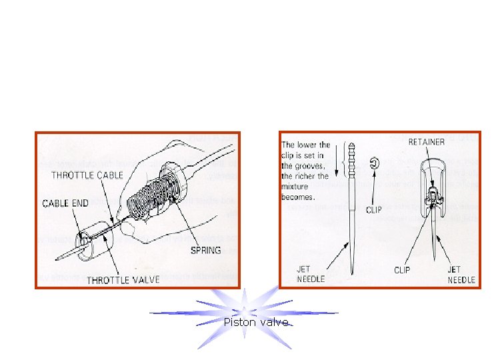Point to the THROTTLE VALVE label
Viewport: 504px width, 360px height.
tap(123, 279)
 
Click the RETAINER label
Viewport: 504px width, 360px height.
tap(427, 142)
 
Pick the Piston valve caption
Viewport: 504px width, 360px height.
tap(257, 323)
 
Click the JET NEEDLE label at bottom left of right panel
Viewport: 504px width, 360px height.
tap(310, 274)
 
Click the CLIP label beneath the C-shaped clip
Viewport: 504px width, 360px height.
tap(374, 209)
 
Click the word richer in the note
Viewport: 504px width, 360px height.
tap(318, 177)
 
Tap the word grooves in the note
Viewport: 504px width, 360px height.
tap(310, 167)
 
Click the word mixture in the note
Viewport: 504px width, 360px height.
tap(297, 187)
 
